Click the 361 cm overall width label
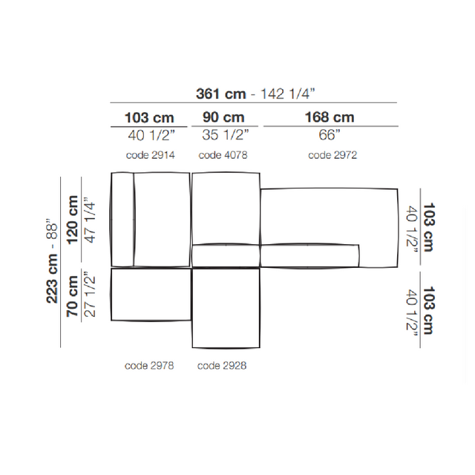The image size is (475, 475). click(221, 94)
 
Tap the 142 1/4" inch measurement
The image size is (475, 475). click(288, 94)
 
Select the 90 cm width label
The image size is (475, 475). click(223, 117)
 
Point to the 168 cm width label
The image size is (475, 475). click(330, 117)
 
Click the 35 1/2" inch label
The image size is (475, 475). click(226, 135)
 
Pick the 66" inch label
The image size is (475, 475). click(330, 135)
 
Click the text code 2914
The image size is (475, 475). click(150, 155)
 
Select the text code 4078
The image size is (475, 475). click(223, 155)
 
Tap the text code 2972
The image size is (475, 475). click(332, 155)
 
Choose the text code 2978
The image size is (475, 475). click(149, 366)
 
